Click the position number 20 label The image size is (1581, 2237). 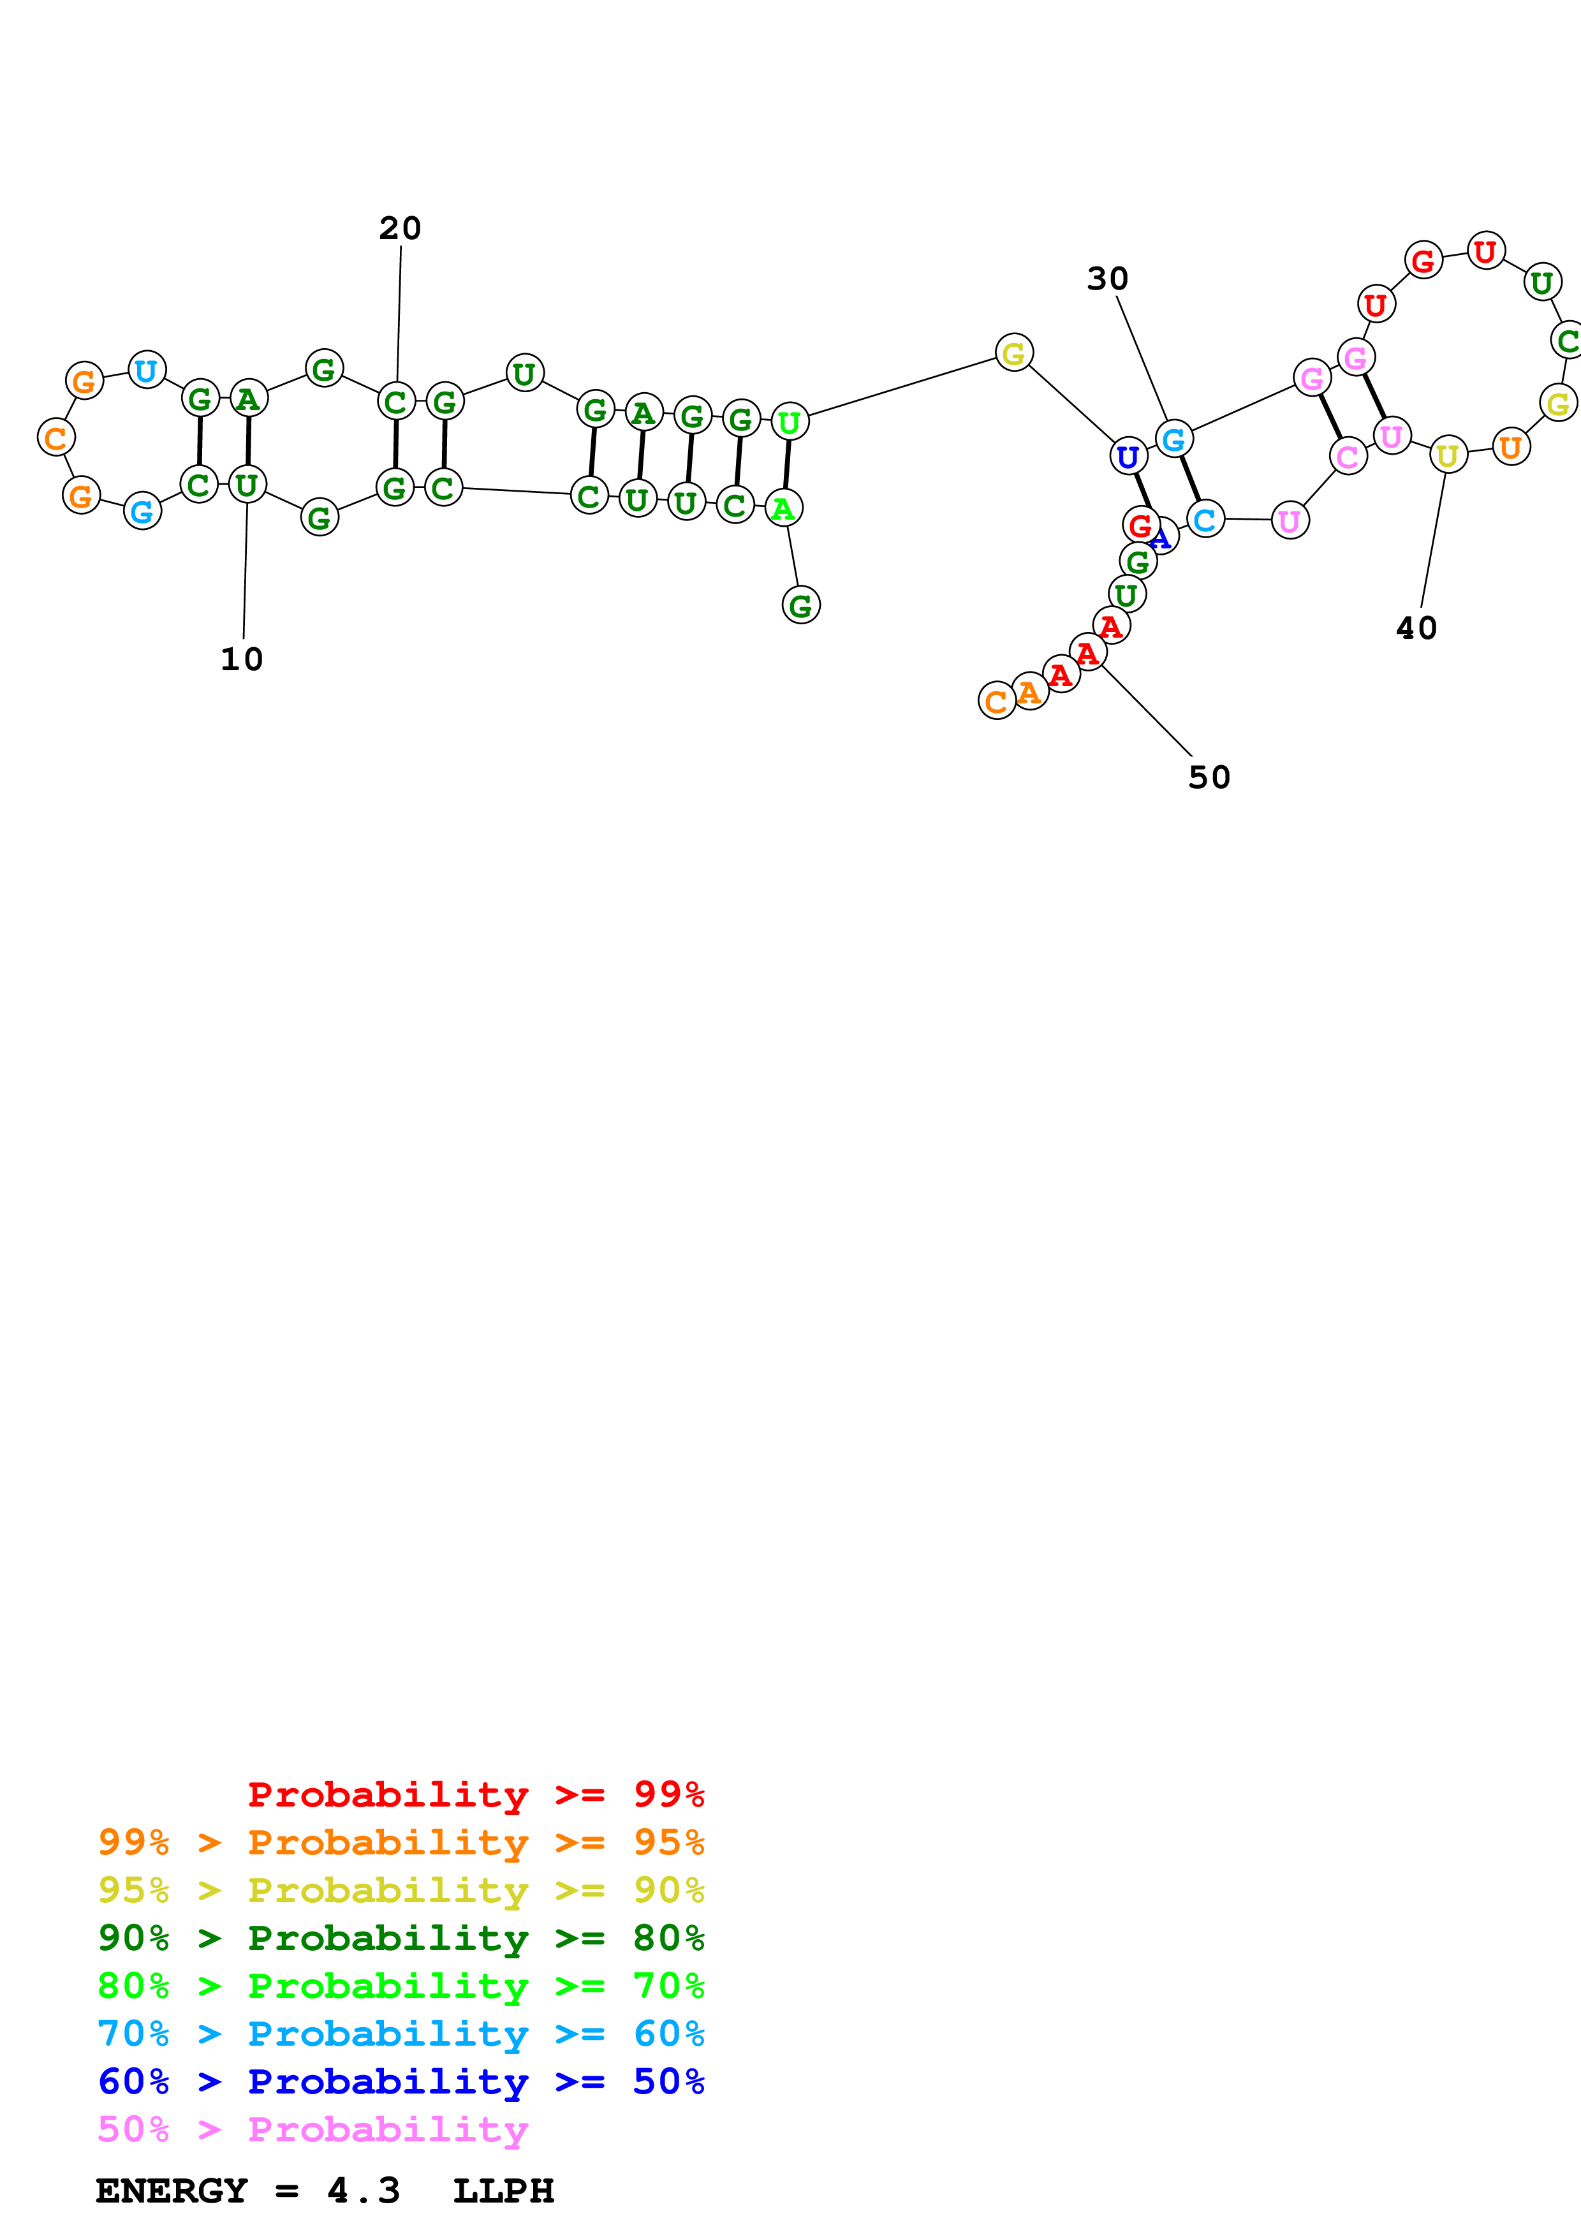pyautogui.click(x=399, y=228)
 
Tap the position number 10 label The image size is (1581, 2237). pyautogui.click(x=242, y=659)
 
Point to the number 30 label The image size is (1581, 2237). pyautogui.click(x=1108, y=279)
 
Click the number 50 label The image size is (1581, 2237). pyautogui.click(x=1209, y=777)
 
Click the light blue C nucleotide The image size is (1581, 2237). pyautogui.click(x=1205, y=519)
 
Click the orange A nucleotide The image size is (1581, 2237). pyautogui.click(x=1029, y=692)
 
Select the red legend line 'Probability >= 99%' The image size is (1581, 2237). pyautogui.click(x=475, y=1794)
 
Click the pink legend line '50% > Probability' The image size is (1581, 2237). pyautogui.click(x=313, y=2130)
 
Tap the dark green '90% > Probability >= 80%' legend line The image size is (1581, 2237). pyautogui.click(x=401, y=1938)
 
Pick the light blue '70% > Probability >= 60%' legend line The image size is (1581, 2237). pyautogui.click(x=401, y=2034)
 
